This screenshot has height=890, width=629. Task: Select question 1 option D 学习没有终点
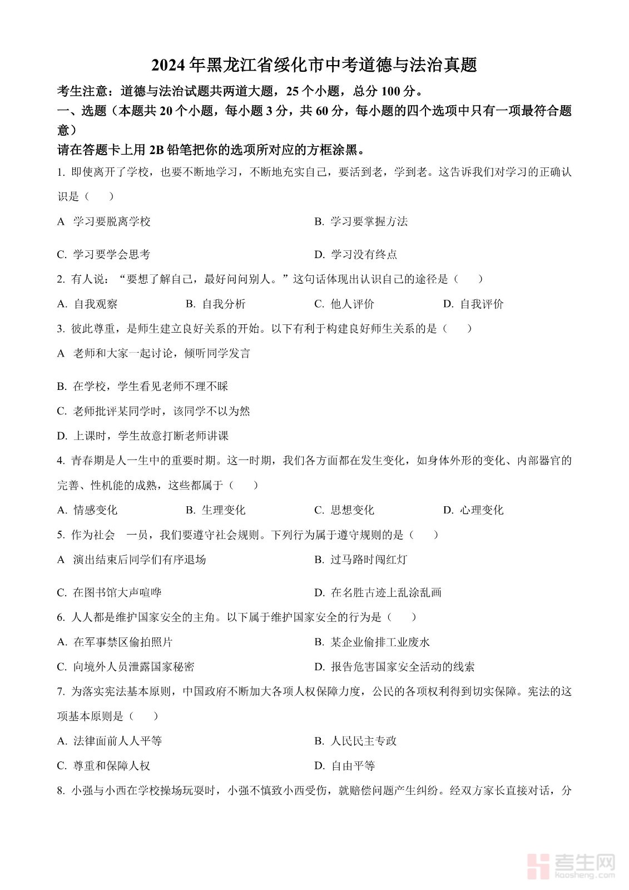[x=355, y=255]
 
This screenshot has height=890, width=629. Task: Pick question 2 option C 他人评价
[x=344, y=304]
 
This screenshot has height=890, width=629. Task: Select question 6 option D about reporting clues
[x=394, y=667]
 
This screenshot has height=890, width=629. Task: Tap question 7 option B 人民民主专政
[x=355, y=741]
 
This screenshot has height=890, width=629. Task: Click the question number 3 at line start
[x=60, y=329]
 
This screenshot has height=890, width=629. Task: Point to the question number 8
[x=60, y=790]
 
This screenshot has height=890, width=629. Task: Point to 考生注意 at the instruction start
[x=81, y=91]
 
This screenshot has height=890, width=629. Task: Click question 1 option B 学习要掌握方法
[x=361, y=222]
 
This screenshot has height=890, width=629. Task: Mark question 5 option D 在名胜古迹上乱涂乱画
[x=378, y=593]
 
